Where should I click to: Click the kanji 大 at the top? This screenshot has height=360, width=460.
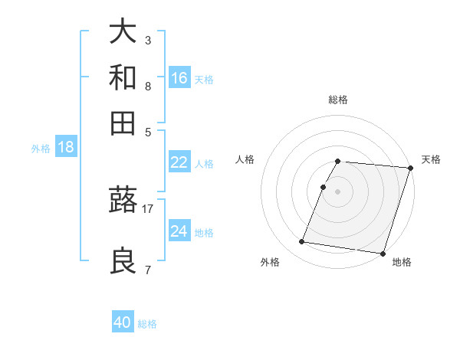pyautogui.click(x=123, y=33)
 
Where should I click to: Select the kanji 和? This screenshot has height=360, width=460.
pyautogui.click(x=123, y=77)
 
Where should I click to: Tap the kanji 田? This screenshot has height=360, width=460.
pyautogui.click(x=123, y=123)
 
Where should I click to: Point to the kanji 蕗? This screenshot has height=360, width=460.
pyautogui.click(x=123, y=201)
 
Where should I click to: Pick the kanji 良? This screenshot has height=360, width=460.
pyautogui.click(x=123, y=260)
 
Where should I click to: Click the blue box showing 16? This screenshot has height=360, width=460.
pyautogui.click(x=179, y=77)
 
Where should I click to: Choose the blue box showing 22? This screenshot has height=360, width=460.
pyautogui.click(x=179, y=162)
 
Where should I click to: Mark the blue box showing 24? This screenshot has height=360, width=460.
pyautogui.click(x=179, y=231)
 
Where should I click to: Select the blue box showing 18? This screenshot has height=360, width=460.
pyautogui.click(x=65, y=147)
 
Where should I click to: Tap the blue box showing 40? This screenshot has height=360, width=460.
pyautogui.click(x=123, y=322)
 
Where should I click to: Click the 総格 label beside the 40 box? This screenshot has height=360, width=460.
pyautogui.click(x=147, y=324)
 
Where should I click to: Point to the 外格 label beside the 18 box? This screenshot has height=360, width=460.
pyautogui.click(x=41, y=149)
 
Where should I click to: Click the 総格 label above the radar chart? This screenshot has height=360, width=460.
pyautogui.click(x=337, y=100)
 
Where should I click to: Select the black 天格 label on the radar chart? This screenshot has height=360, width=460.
pyautogui.click(x=431, y=159)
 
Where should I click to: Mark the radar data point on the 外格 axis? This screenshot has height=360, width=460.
pyautogui.click(x=302, y=242)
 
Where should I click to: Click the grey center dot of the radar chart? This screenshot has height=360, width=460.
pyautogui.click(x=337, y=191)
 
